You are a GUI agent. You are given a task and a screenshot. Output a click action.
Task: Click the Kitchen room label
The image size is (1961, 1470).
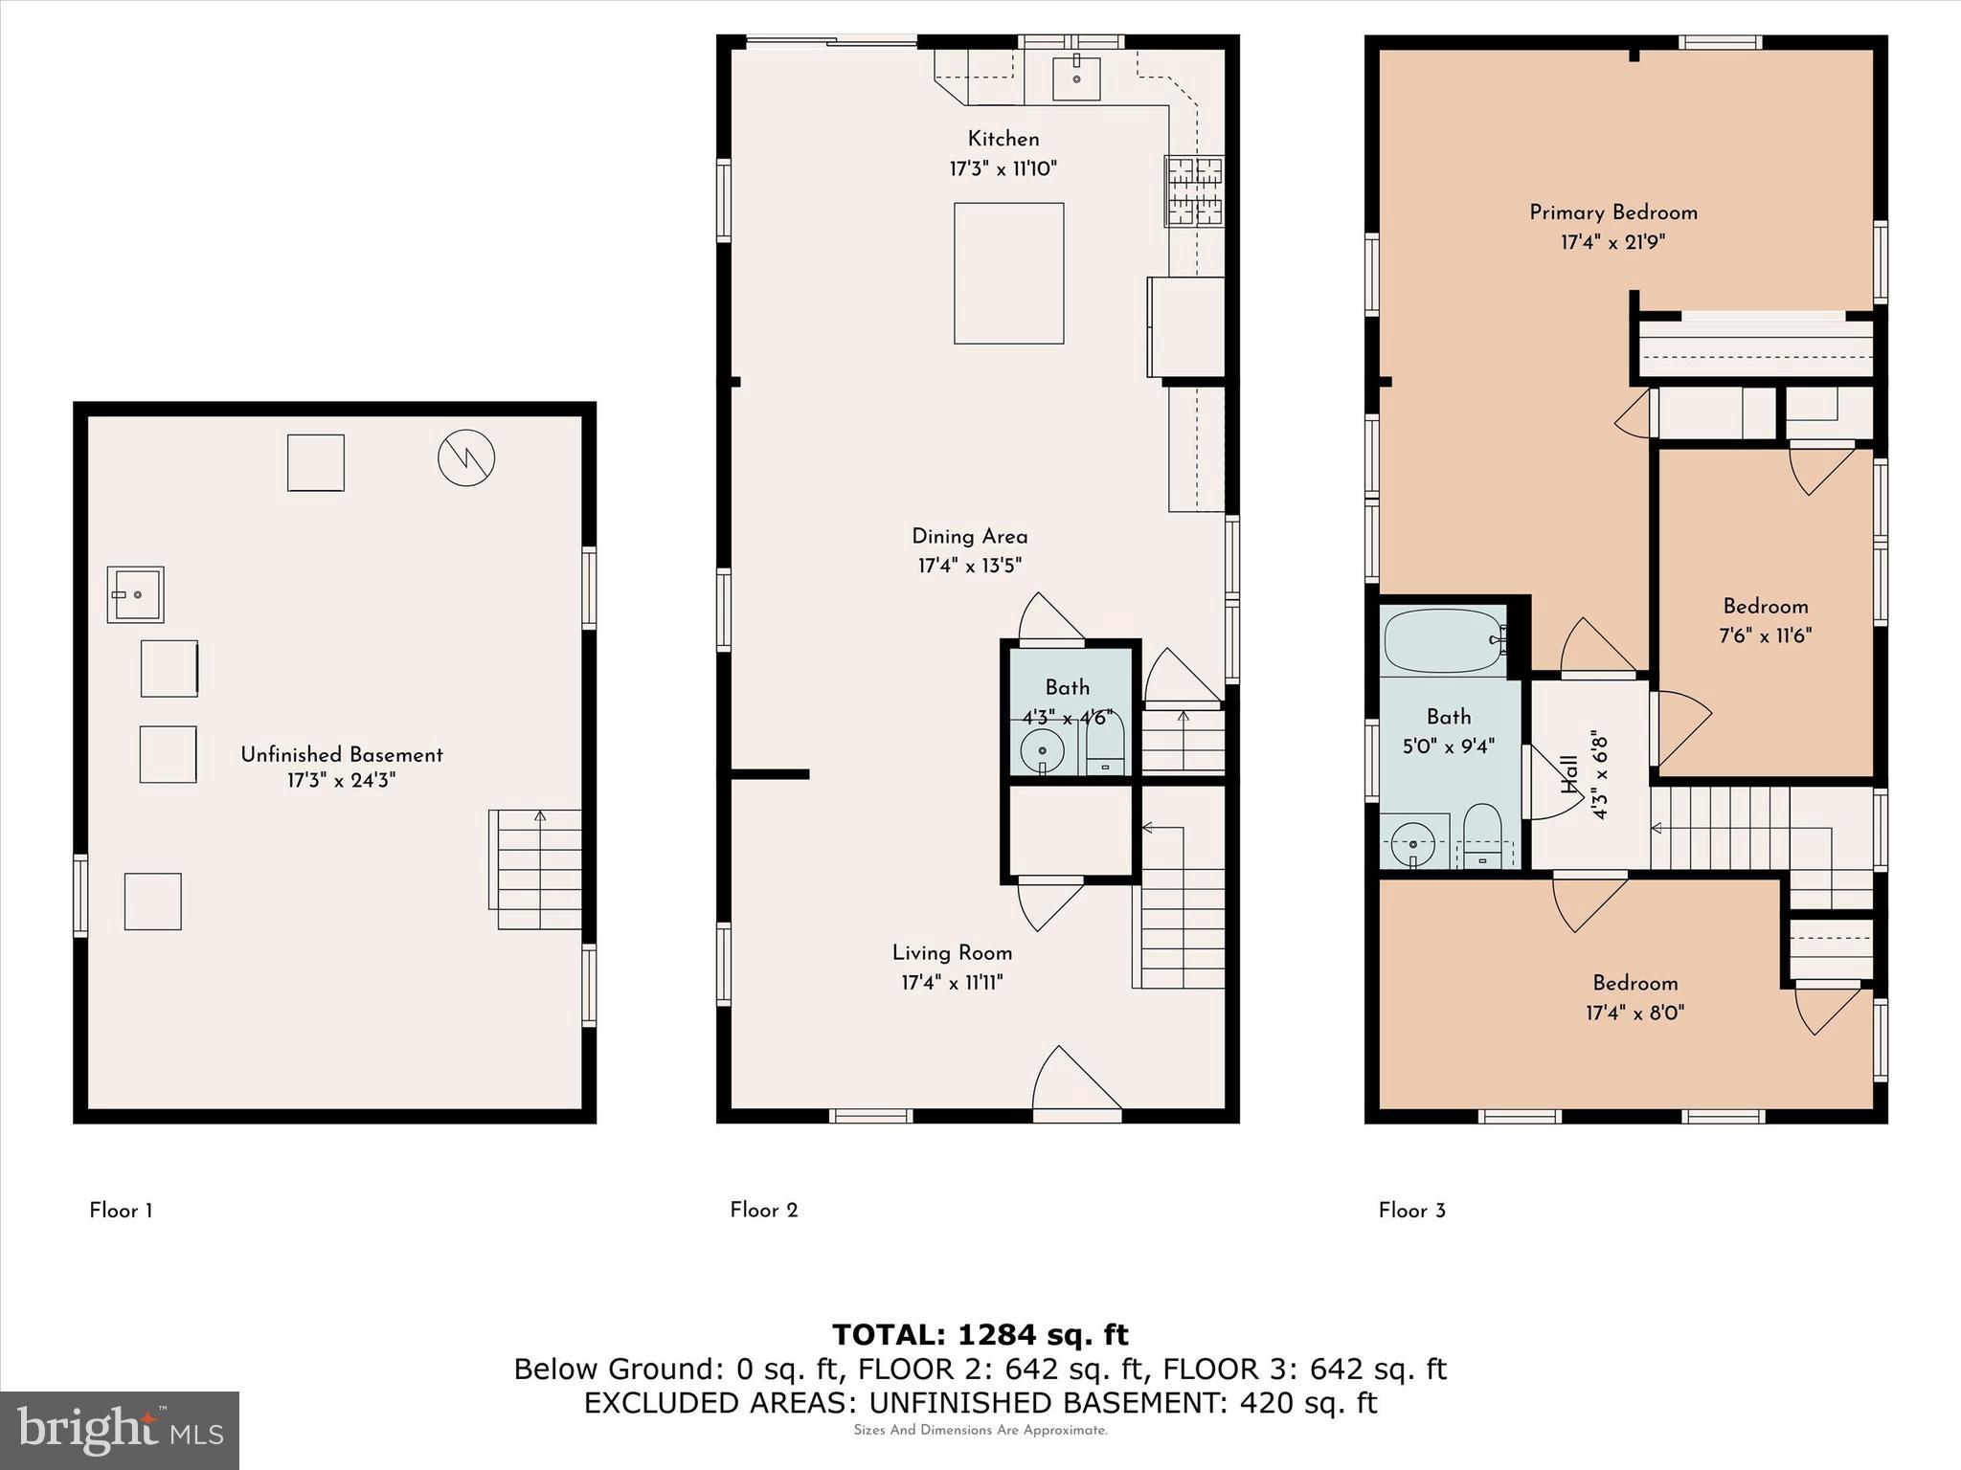(1003, 139)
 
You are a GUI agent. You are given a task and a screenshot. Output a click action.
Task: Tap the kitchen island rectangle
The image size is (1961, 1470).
(1008, 273)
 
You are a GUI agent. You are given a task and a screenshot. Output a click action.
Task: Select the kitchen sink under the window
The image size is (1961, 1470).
(1076, 78)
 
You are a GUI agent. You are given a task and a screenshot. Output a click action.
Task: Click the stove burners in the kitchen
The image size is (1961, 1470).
(1194, 191)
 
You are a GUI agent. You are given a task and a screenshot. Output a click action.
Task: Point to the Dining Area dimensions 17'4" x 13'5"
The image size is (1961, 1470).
(969, 566)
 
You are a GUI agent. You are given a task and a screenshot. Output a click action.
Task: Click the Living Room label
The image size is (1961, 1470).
(952, 953)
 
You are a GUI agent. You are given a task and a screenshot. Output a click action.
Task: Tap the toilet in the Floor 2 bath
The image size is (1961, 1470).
(1106, 745)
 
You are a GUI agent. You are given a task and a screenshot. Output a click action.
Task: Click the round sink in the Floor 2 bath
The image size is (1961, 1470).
(1042, 749)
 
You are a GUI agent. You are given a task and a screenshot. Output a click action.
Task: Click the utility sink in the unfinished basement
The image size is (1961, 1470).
(135, 594)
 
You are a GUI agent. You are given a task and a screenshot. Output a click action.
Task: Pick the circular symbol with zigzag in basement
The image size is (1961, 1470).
(466, 457)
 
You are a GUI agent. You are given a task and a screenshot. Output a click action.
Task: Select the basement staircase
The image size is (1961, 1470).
(538, 869)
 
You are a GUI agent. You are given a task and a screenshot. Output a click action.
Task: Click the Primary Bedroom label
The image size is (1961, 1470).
(1612, 212)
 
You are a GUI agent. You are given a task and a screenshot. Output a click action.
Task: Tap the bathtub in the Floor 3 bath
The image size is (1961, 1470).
(1442, 641)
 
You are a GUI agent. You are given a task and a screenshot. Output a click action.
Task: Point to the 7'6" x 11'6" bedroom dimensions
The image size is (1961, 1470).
(1765, 635)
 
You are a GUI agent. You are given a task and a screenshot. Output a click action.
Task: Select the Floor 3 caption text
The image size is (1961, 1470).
(1411, 1211)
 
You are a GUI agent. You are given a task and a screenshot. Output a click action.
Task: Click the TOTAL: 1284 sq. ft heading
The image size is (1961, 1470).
(980, 1334)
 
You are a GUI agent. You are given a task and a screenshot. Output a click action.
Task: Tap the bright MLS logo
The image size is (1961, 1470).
(120, 1430)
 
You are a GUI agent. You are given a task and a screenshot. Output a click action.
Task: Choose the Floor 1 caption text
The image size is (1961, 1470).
(121, 1211)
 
